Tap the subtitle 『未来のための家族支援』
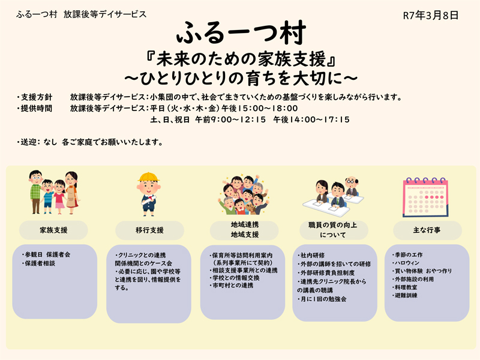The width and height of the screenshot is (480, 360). (x=240, y=60)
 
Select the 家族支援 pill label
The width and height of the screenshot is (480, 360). (x=53, y=230)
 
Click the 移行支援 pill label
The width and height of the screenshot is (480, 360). (x=149, y=230)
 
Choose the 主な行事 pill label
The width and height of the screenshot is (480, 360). (x=427, y=230)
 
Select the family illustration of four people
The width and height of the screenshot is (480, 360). (x=53, y=192)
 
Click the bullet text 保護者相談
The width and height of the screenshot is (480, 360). (x=40, y=263)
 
